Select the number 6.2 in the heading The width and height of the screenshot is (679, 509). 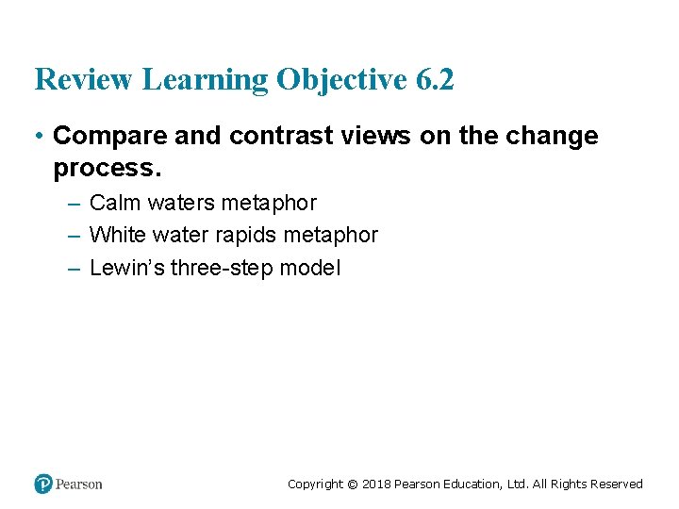[x=434, y=80]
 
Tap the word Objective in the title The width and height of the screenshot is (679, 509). [x=341, y=81]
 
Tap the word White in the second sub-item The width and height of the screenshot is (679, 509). [x=116, y=235]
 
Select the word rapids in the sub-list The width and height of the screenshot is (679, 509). [x=250, y=235]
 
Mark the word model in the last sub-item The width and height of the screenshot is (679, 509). [x=309, y=268]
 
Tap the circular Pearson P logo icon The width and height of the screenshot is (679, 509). [x=43, y=484]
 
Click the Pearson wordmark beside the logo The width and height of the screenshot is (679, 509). [x=79, y=484]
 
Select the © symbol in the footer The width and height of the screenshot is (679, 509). [x=353, y=484]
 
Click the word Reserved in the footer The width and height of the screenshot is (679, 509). [x=617, y=484]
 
